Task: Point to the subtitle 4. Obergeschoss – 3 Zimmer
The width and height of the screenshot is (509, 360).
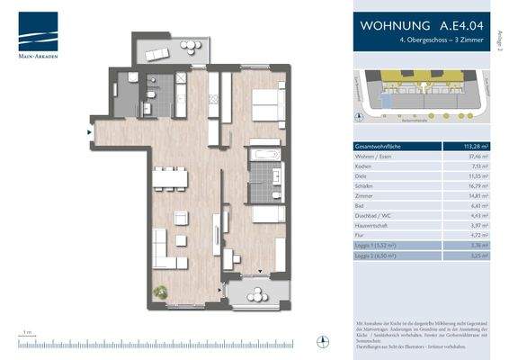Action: tap(424, 42)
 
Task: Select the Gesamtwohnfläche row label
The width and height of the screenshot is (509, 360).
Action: tap(382, 147)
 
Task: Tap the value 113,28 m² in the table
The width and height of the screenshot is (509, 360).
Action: tap(476, 147)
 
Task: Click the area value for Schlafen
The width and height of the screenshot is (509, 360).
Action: tap(478, 185)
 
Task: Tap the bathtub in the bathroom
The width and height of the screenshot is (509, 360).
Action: tap(265, 154)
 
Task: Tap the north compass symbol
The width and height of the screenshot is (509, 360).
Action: tap(323, 339)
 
